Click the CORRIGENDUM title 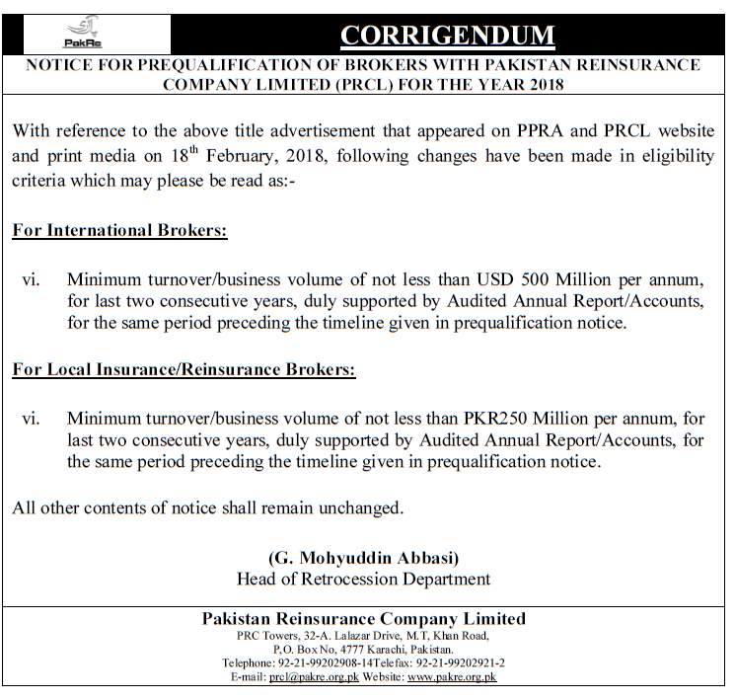coord(447,37)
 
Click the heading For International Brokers coord(119,231)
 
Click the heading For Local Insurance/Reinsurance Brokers coord(184,370)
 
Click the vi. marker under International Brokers coord(31,278)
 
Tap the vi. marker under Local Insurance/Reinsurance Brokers coord(31,418)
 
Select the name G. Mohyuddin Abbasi coord(363,557)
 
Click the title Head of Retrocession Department coord(363,579)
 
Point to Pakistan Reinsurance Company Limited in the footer coord(363,619)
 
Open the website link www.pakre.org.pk coord(452,677)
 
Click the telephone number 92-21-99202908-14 coord(317,663)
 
